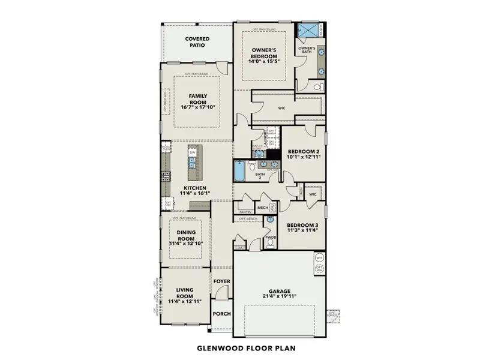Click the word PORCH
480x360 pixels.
tap(221, 314)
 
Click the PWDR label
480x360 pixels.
tap(270, 238)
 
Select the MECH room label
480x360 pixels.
tap(262, 208)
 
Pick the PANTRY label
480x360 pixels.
tap(245, 212)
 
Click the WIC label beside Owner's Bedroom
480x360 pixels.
tap(281, 109)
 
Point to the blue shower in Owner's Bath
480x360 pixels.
tap(310, 30)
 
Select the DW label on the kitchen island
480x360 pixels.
tap(193, 153)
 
